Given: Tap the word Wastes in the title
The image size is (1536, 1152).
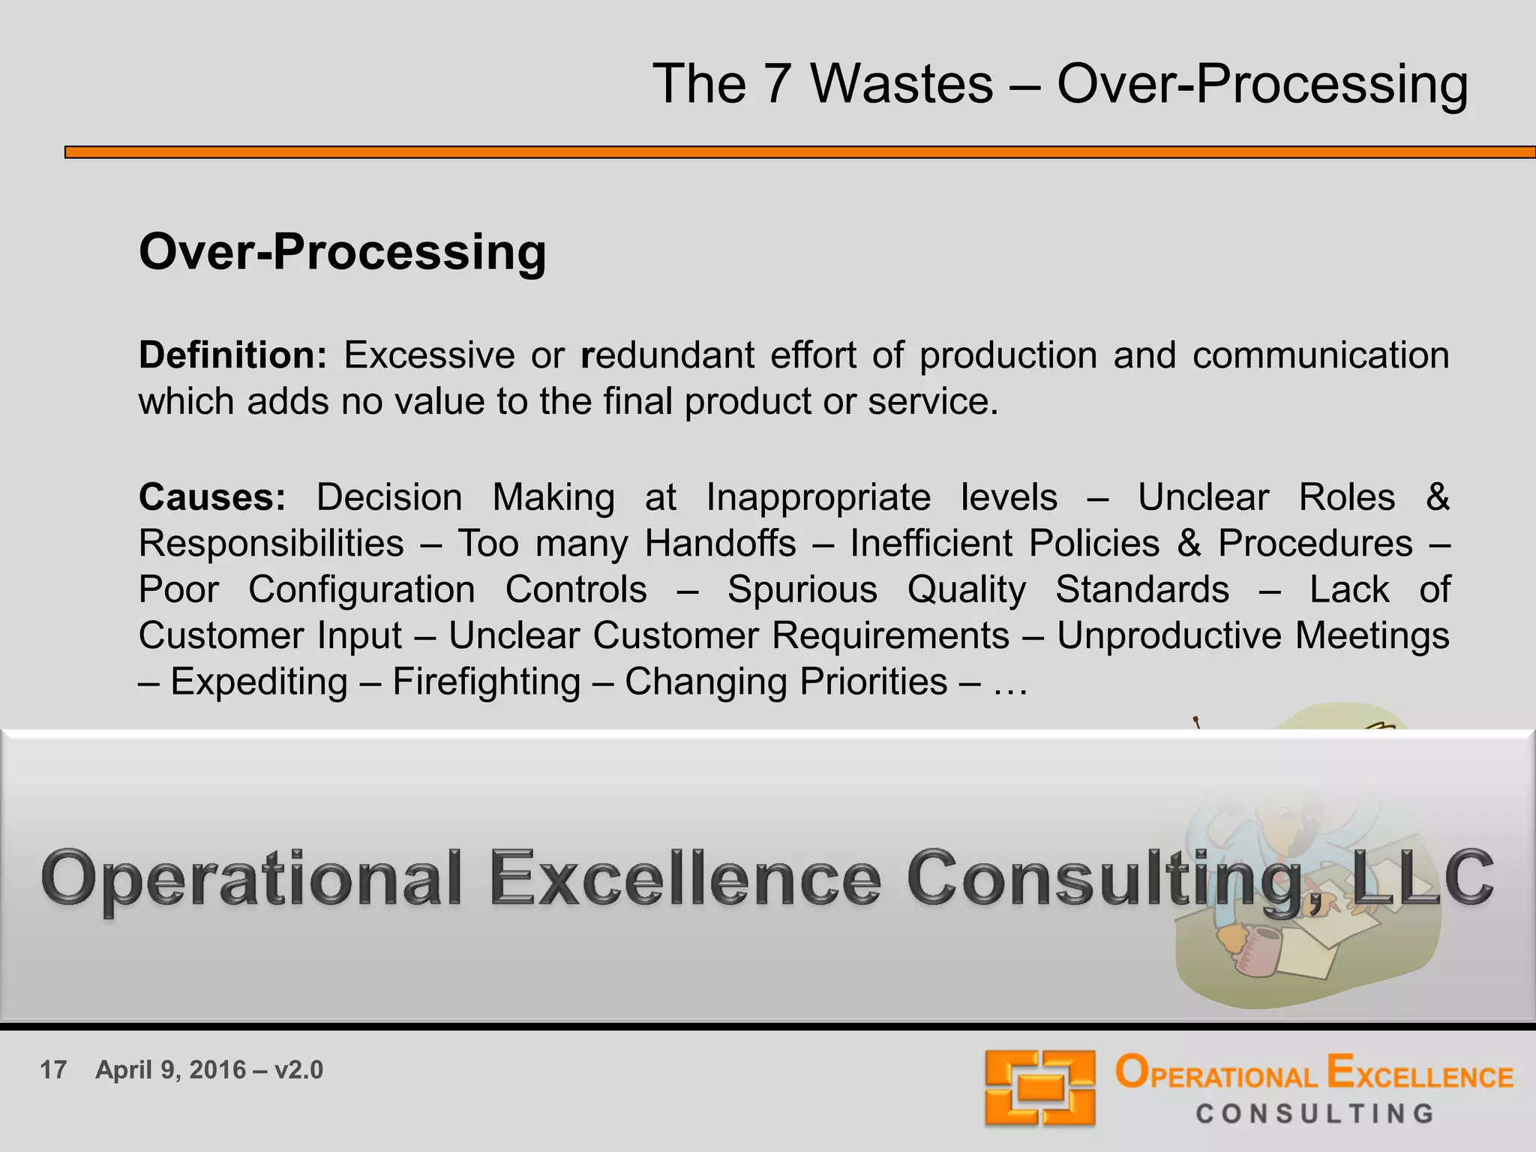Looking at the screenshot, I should pyautogui.click(x=901, y=83).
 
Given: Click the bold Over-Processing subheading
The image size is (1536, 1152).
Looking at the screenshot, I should pyautogui.click(x=343, y=252).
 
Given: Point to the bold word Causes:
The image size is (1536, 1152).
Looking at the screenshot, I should pyautogui.click(x=212, y=497).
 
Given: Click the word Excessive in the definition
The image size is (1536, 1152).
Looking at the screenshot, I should pyautogui.click(x=429, y=355).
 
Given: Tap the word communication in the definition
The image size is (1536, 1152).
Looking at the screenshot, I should pyautogui.click(x=1320, y=355).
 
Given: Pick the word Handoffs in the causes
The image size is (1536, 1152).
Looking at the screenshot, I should pyautogui.click(x=720, y=543).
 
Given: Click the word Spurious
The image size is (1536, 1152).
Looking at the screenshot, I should pyautogui.click(x=802, y=589).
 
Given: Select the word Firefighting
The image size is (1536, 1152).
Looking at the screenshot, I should pyautogui.click(x=487, y=682).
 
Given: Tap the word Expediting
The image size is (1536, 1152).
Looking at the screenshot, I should pyautogui.click(x=259, y=682).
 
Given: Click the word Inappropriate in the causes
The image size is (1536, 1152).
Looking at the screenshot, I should pyautogui.click(x=818, y=497).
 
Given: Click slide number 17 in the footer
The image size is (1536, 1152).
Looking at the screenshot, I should pyautogui.click(x=53, y=1069).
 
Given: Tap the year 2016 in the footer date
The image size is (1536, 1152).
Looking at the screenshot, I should pyautogui.click(x=217, y=1069).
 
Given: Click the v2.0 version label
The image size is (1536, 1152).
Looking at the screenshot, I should pyautogui.click(x=298, y=1069).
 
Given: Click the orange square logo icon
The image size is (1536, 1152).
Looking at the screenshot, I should pyautogui.click(x=1039, y=1087).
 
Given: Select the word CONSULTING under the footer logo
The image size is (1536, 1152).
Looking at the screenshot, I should pyautogui.click(x=1315, y=1114).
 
